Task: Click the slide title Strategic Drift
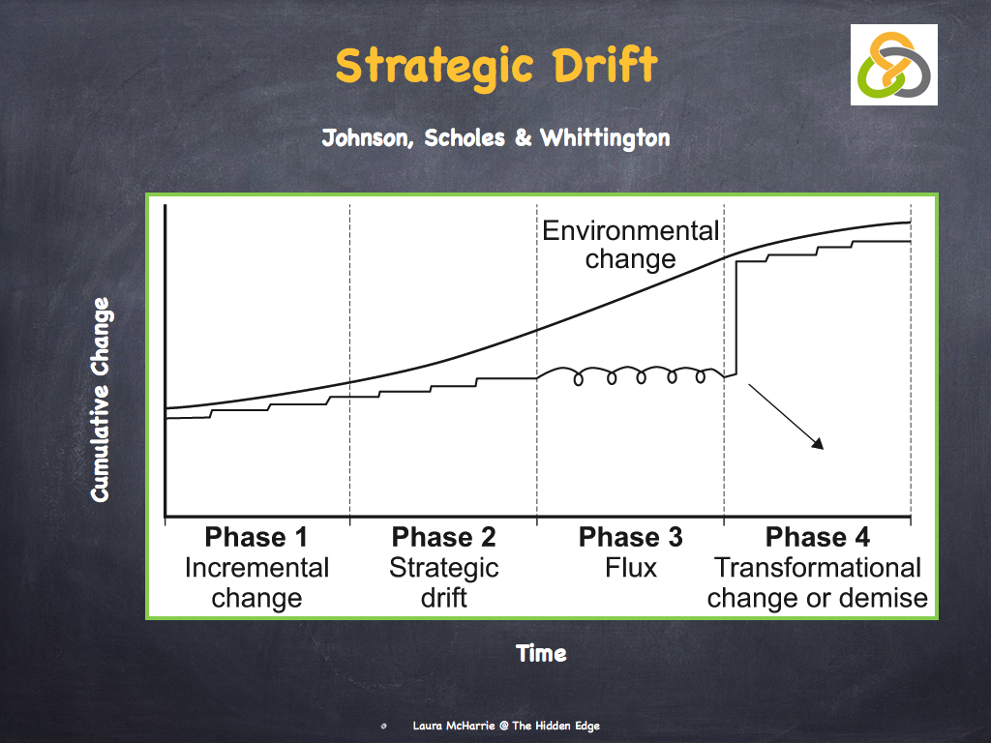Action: pyautogui.click(x=496, y=66)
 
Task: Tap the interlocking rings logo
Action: pyautogui.click(x=894, y=65)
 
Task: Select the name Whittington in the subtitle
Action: pyautogui.click(x=605, y=138)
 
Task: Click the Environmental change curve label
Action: pyautogui.click(x=631, y=245)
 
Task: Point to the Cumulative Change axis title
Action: pyautogui.click(x=101, y=400)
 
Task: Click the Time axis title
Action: pyautogui.click(x=541, y=654)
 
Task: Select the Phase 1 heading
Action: pyautogui.click(x=257, y=538)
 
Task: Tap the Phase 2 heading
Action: pyautogui.click(x=444, y=538)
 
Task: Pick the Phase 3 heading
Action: pyautogui.click(x=630, y=538)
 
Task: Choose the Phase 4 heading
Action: pyautogui.click(x=817, y=538)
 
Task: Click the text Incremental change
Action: pyautogui.click(x=257, y=582)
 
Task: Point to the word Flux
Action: pyautogui.click(x=630, y=568)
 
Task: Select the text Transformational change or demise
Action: pyautogui.click(x=817, y=582)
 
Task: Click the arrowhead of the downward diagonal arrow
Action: pyautogui.click(x=818, y=445)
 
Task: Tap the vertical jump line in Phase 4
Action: pyautogui.click(x=737, y=319)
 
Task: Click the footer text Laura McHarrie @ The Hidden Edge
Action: pyautogui.click(x=506, y=726)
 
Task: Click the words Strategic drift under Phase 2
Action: pyautogui.click(x=444, y=582)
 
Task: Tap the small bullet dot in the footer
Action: pyautogui.click(x=385, y=726)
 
